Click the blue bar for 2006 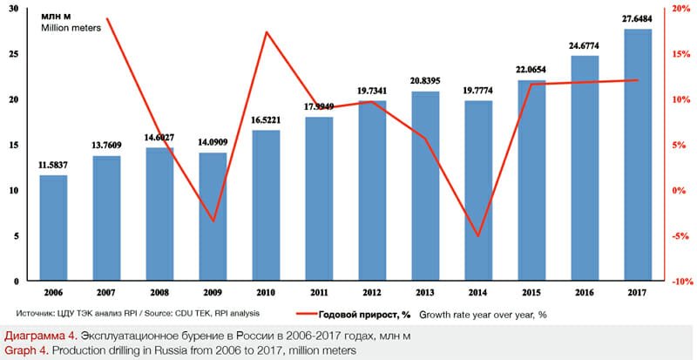coord(54,228)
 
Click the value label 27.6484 coord(639,20)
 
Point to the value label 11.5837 coord(54,165)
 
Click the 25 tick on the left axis coord(21,54)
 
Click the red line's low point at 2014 coord(479,236)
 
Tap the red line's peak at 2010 coord(267,32)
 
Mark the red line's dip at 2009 coord(213,221)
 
